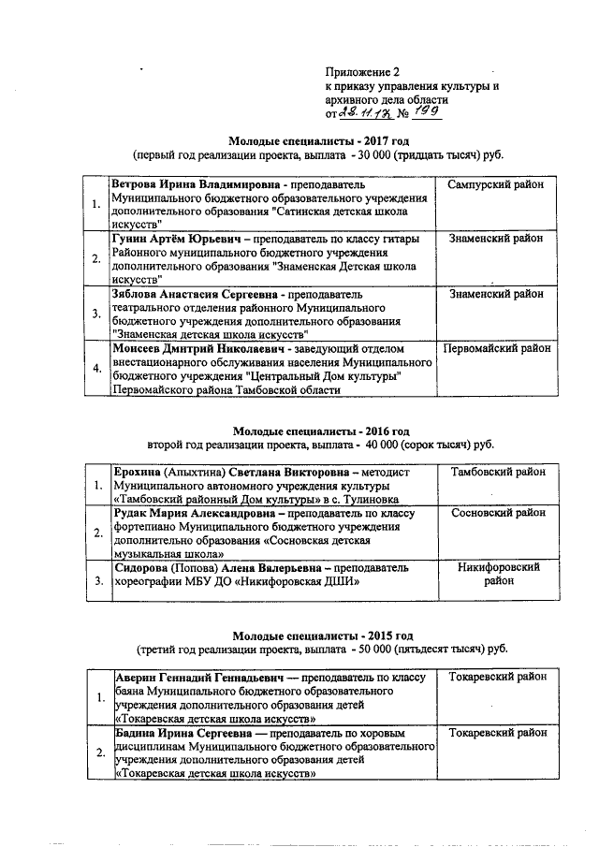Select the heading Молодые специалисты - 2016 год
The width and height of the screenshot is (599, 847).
(x=320, y=430)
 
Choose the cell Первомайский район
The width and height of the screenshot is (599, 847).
(x=496, y=348)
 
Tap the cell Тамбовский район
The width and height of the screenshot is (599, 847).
(x=496, y=474)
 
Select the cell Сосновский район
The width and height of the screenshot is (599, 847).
(x=496, y=514)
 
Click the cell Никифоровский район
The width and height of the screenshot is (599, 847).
(x=496, y=574)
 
